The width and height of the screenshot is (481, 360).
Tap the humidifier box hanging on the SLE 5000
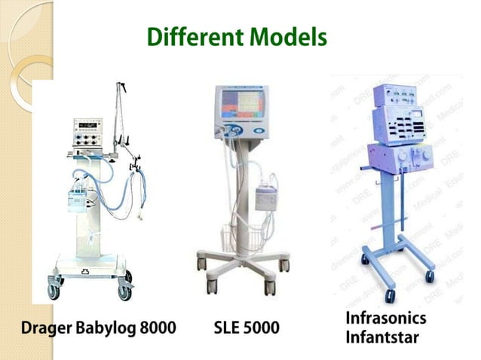(268, 197)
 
